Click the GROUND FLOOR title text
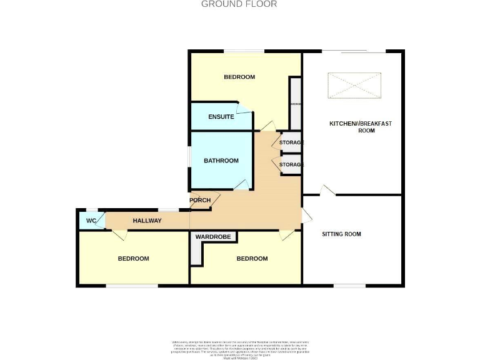pyautogui.click(x=239, y=4)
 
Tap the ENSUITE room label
pyautogui.click(x=221, y=117)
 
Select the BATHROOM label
pyautogui.click(x=221, y=161)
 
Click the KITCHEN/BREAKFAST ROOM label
pyautogui.click(x=361, y=127)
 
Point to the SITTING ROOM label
pyautogui.click(x=341, y=234)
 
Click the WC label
pyautogui.click(x=91, y=221)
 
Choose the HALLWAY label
pyautogui.click(x=147, y=221)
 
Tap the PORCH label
pyautogui.click(x=200, y=201)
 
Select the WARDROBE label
pyautogui.click(x=213, y=237)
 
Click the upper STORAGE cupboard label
pyautogui.click(x=291, y=142)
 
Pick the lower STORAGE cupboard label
pyautogui.click(x=291, y=164)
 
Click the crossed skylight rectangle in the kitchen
pyautogui.click(x=354, y=86)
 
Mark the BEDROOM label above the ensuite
pyautogui.click(x=239, y=77)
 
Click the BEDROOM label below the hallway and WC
pyautogui.click(x=134, y=259)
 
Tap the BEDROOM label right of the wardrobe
pyautogui.click(x=252, y=259)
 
